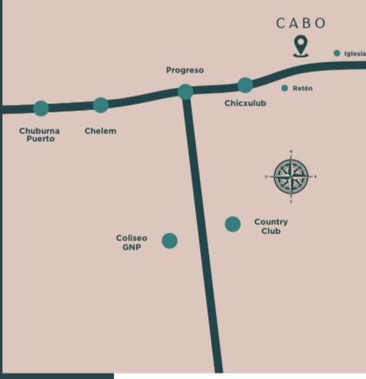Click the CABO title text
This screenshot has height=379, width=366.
pos(301,23)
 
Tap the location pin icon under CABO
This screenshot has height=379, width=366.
pos(300,46)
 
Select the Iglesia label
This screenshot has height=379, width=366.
pos(354,53)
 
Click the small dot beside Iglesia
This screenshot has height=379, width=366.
pos(337,52)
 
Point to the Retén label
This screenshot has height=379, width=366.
pos(302,89)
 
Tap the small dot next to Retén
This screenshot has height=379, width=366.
pos(284,88)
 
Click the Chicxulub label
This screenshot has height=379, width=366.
pos(245,103)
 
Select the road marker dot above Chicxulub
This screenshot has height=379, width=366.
pos(245,85)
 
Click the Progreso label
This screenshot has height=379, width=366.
pos(185,70)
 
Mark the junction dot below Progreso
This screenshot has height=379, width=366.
pos(185,92)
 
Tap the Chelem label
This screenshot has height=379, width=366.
pos(100,131)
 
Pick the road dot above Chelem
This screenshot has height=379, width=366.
pos(101,106)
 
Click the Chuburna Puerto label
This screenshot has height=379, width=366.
pos(39,135)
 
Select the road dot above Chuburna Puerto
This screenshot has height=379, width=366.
pos(41,109)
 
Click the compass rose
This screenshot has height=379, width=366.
pos(291,176)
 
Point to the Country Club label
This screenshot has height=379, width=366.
pos(271,226)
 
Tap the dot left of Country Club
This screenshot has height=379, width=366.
pos(232,224)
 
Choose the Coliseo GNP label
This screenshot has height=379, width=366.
pos(131,243)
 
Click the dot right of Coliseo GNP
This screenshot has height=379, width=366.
pos(170,241)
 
